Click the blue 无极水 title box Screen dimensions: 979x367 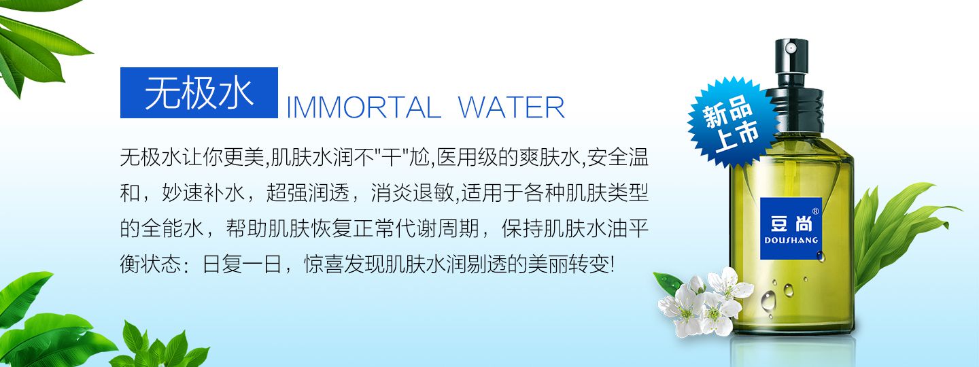click(199, 92)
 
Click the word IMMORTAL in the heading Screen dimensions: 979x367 click(363, 107)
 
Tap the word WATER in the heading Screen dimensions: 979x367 click(511, 107)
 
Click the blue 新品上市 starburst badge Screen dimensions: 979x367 click(730, 123)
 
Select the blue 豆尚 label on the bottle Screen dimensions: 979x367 click(791, 228)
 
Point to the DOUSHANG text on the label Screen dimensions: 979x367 click(791, 241)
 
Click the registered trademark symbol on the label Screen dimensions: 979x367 click(815, 211)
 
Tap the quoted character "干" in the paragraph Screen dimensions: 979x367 click(392, 157)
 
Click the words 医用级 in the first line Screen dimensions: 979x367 click(468, 157)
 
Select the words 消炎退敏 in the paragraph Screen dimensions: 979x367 click(413, 193)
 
